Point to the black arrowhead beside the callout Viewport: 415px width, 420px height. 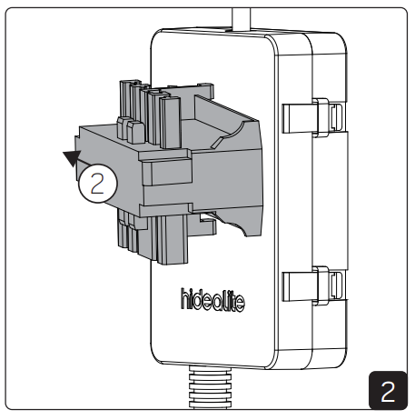point(70,158)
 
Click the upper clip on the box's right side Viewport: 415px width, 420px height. point(313,115)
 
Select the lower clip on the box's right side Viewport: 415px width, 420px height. point(313,284)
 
